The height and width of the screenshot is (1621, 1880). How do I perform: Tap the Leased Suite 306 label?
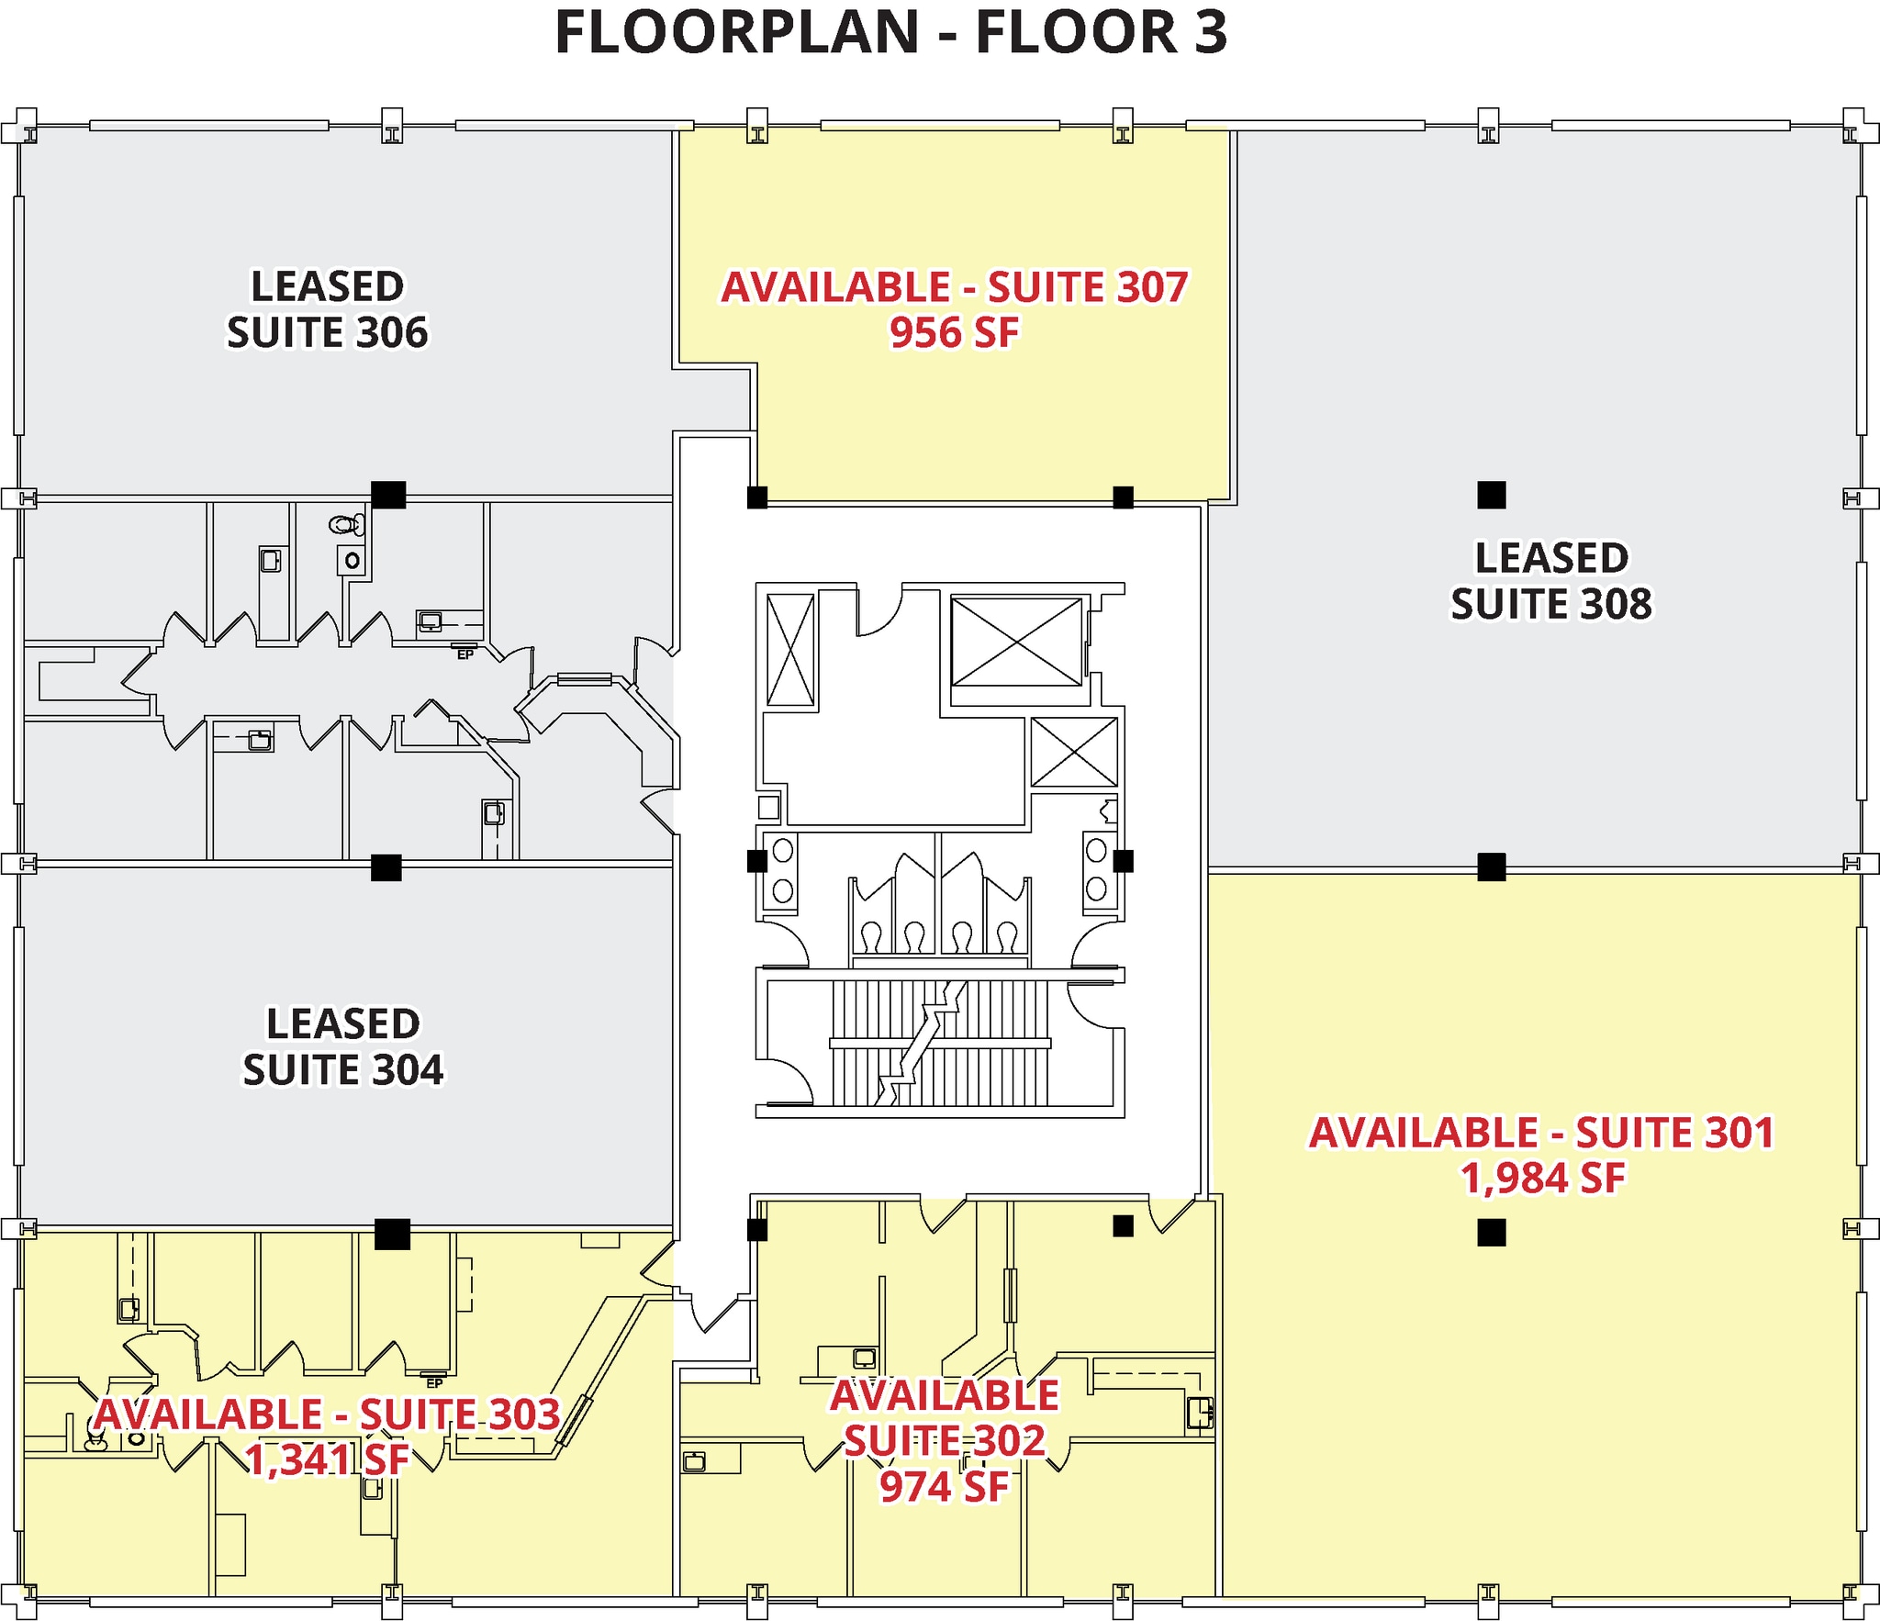coord(328,309)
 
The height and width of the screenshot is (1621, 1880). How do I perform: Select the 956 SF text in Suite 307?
coord(954,333)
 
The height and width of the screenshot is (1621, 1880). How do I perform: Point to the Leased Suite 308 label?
coord(1550,581)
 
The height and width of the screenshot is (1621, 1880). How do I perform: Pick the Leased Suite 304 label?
coord(342,1047)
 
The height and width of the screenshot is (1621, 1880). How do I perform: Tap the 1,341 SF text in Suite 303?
coord(328,1460)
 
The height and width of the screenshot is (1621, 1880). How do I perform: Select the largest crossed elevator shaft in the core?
coord(1016,642)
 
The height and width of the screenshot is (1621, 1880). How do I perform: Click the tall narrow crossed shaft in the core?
coord(790,650)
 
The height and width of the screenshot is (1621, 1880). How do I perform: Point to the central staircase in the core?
coord(938,1044)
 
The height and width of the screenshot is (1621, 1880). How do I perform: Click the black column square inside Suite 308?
coord(1492,496)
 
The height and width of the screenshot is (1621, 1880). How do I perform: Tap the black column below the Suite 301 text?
coord(1492,1232)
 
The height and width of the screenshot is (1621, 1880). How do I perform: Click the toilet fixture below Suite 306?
coord(345,525)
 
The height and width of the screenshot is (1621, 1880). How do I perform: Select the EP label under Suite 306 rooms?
coord(465,654)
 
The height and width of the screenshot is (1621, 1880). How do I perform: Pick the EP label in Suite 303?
coord(434,1382)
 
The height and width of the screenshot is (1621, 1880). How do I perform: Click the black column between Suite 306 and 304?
coord(386,867)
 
